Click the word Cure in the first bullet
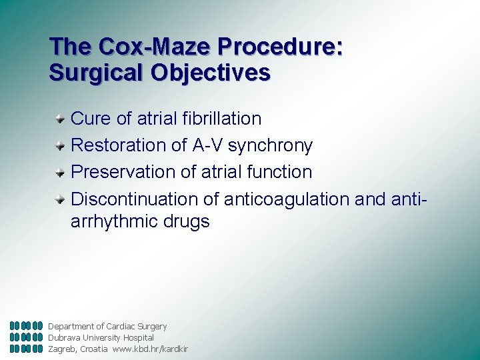pos(91,119)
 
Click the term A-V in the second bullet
pos(208,145)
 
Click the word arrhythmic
pos(113,222)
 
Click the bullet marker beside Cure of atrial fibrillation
pos(60,119)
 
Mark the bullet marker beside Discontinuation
pos(60,199)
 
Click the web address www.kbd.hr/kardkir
pos(150,349)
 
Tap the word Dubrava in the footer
pos(63,337)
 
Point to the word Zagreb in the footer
pos(62,349)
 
